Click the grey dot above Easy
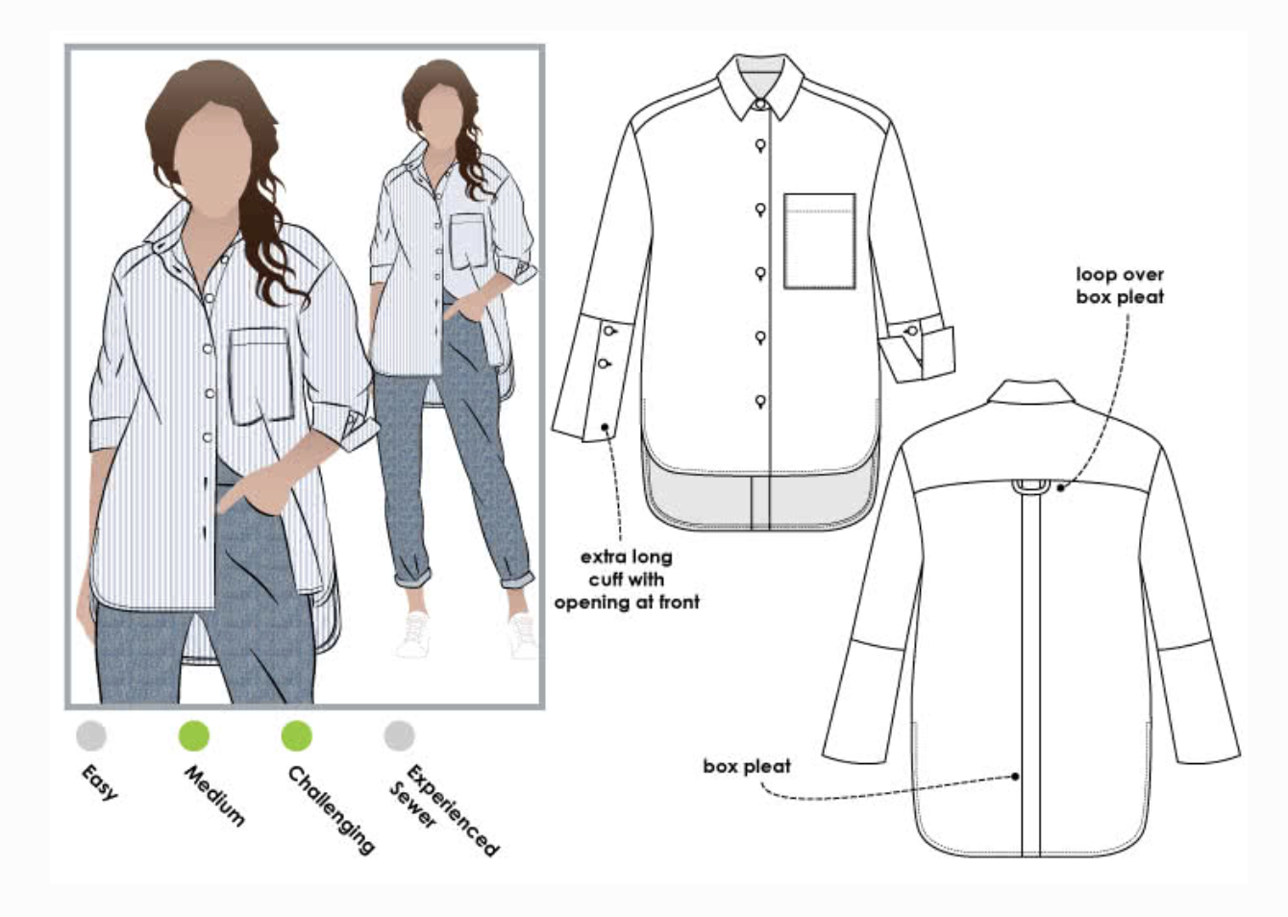91,735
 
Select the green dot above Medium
194,735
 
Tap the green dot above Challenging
297,735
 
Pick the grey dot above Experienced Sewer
399,735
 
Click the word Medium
214,795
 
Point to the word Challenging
332,809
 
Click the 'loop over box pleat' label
1120,285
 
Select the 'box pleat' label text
747,766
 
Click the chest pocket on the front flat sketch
819,241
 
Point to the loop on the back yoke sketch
1031,486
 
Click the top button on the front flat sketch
760,146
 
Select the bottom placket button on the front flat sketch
760,401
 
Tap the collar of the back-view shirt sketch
1030,391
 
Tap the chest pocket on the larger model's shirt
260,376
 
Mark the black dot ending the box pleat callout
1015,776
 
